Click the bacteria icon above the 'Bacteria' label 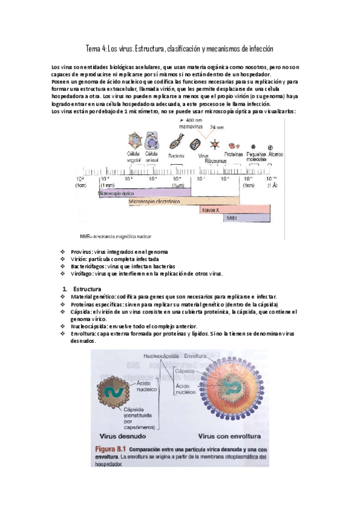pos(176,144)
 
